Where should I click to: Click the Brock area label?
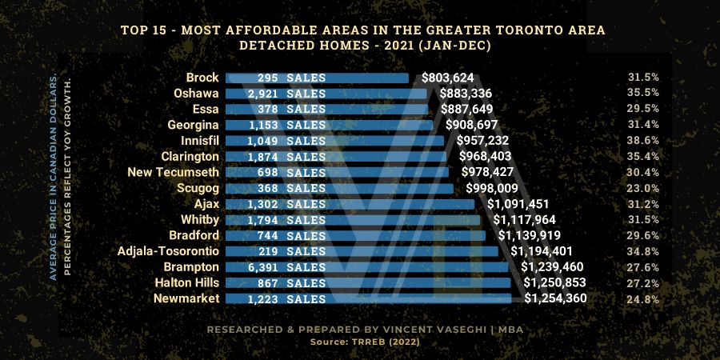coord(202,78)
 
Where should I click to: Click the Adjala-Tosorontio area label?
coord(166,251)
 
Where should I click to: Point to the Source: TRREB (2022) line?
coord(359,342)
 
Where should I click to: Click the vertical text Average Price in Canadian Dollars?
coord(54,175)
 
